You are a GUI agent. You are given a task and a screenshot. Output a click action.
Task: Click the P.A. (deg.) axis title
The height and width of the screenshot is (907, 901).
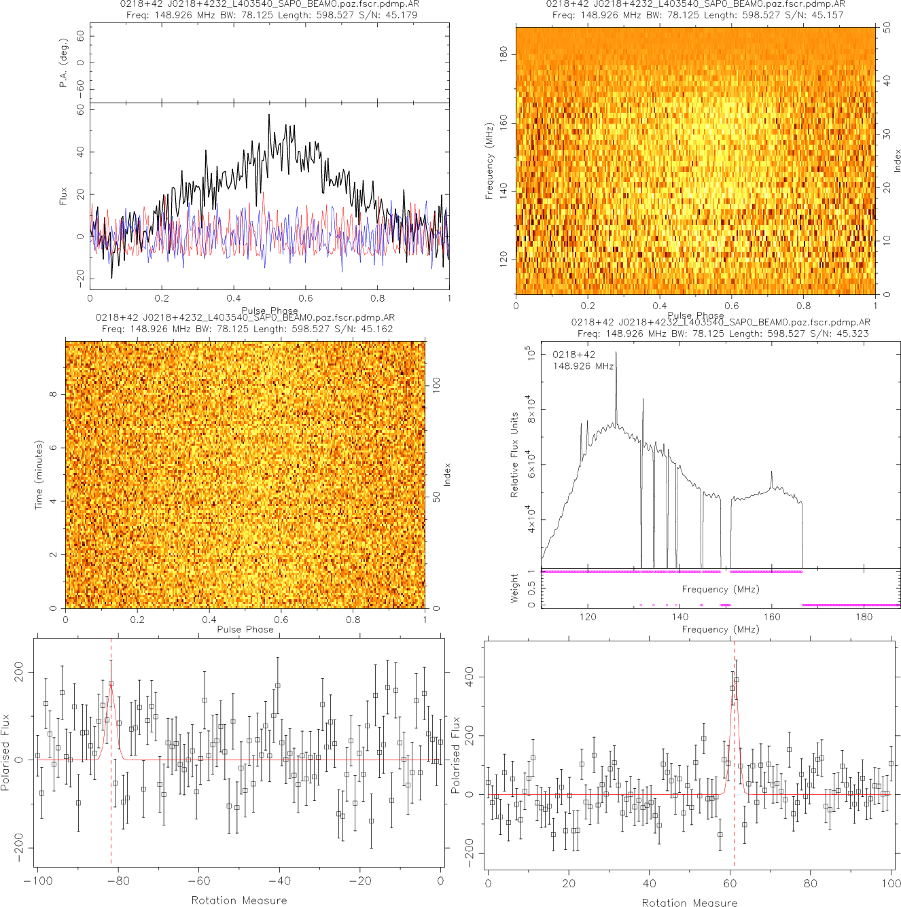[63, 63]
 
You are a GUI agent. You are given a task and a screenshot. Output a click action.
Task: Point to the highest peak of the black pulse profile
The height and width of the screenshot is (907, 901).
[269, 115]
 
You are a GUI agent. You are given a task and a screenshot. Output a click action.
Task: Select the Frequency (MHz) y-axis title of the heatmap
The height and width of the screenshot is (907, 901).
[489, 161]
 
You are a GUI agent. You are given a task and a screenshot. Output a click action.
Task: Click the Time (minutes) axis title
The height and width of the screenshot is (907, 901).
[39, 475]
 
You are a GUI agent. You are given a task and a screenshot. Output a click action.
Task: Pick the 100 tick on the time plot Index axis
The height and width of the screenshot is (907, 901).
[436, 385]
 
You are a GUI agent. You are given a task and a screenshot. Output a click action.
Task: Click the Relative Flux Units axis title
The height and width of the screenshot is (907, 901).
[514, 455]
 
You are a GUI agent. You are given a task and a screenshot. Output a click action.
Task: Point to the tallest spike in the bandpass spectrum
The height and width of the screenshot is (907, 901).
[616, 353]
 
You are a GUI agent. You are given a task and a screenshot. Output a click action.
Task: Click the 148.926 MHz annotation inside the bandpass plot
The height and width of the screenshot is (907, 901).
[583, 366]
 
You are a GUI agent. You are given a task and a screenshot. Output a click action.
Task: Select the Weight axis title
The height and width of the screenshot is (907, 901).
[514, 588]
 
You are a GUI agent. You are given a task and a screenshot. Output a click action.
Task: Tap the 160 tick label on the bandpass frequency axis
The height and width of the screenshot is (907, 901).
[772, 618]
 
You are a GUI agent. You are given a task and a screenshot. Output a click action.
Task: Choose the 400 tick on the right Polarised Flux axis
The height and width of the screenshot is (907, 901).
[470, 677]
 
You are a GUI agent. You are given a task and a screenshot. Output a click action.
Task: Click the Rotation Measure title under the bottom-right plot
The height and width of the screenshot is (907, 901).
[689, 902]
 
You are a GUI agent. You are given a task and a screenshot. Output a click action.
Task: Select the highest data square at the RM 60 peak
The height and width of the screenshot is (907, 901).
[737, 679]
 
